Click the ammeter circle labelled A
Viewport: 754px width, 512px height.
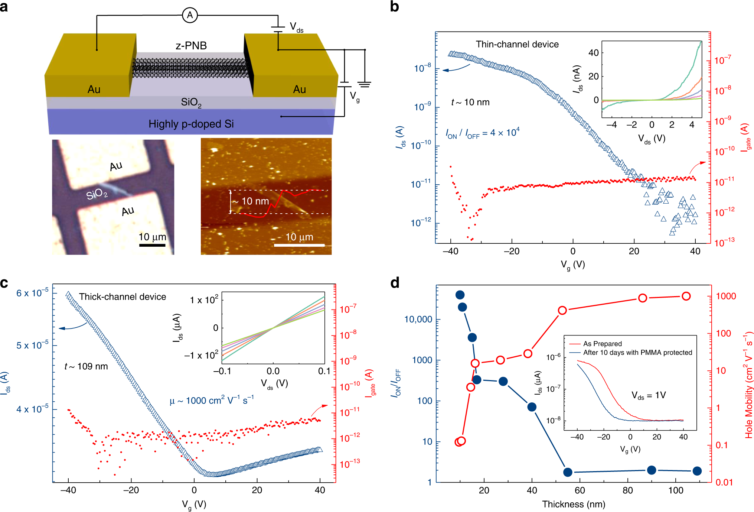pyautogui.click(x=190, y=15)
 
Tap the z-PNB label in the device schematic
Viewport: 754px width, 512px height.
pyautogui.click(x=191, y=46)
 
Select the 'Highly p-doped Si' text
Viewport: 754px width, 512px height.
pyautogui.click(x=191, y=124)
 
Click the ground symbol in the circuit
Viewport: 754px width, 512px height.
pyautogui.click(x=365, y=84)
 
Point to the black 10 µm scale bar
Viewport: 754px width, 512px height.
pyautogui.click(x=152, y=245)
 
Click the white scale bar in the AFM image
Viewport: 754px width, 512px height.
pyautogui.click(x=299, y=245)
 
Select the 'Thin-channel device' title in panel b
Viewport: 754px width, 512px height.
pyautogui.click(x=517, y=45)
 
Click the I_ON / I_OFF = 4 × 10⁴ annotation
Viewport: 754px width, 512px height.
pyautogui.click(x=482, y=133)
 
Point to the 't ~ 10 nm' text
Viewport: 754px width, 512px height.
pyautogui.click(x=470, y=102)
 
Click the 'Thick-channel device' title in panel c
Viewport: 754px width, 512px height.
pyautogui.click(x=122, y=297)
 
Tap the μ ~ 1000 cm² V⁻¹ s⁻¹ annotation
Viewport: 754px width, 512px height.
pyautogui.click(x=212, y=401)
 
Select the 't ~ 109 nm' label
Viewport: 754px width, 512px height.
pyautogui.click(x=86, y=366)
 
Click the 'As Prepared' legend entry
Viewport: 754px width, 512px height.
pyautogui.click(x=602, y=344)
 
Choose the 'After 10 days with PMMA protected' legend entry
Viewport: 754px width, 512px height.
pyautogui.click(x=637, y=353)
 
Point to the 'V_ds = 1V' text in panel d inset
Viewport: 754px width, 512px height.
pyautogui.click(x=649, y=395)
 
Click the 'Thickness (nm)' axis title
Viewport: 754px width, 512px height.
pyautogui.click(x=573, y=504)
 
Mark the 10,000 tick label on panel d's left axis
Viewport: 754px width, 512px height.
pyautogui.click(x=418, y=320)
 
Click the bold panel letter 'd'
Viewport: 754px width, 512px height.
pyautogui.click(x=395, y=283)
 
